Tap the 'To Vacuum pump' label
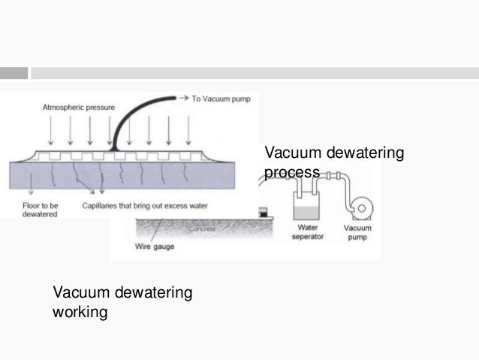(221, 98)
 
